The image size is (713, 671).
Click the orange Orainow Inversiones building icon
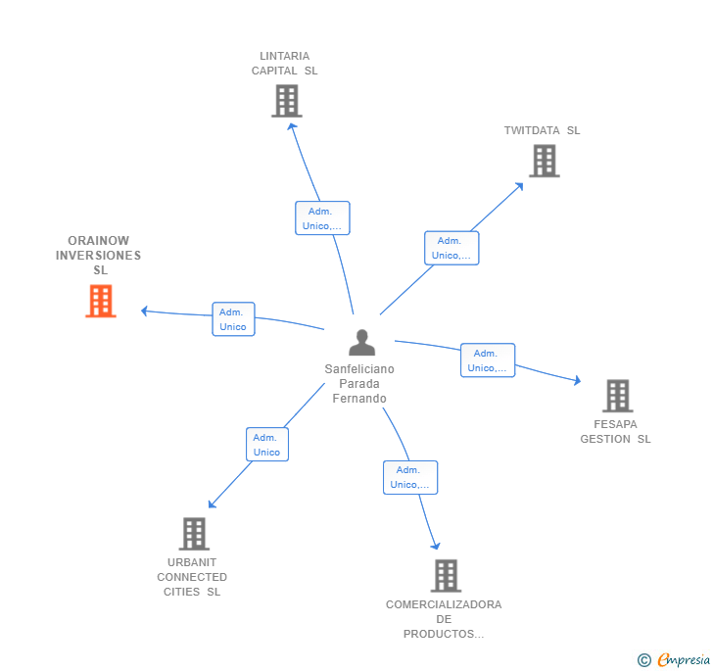click(101, 301)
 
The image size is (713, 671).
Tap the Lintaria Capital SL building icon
click(287, 101)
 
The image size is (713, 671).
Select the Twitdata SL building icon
click(544, 161)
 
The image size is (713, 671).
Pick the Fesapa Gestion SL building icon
click(617, 396)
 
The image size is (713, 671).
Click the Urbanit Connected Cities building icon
click(195, 534)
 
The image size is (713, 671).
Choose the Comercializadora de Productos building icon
click(446, 575)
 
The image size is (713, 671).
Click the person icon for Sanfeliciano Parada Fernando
click(361, 343)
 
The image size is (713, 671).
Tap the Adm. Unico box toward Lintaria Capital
click(322, 218)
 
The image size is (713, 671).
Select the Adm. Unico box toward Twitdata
click(452, 248)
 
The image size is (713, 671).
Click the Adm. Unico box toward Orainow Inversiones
click(233, 319)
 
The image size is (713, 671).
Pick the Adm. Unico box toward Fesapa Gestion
click(488, 360)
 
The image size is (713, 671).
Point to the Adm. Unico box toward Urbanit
click(266, 445)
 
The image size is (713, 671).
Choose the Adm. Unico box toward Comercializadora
click(410, 477)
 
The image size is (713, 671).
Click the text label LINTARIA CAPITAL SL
click(285, 64)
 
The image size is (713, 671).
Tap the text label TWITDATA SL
click(543, 130)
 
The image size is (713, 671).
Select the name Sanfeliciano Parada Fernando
click(359, 384)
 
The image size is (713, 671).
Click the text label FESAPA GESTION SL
click(615, 432)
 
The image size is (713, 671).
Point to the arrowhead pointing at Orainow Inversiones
click(144, 312)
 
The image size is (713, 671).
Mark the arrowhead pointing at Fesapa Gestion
click(578, 381)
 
